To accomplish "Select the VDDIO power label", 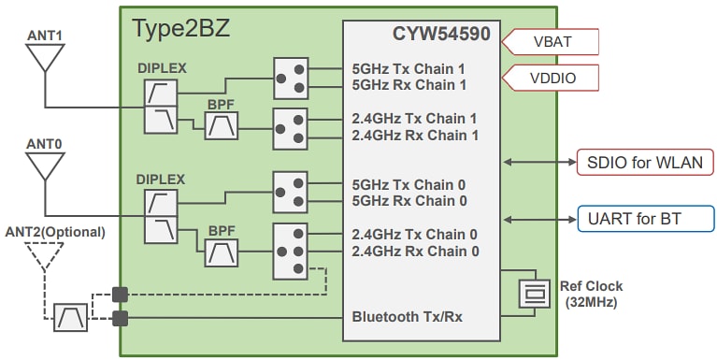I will point(551,77).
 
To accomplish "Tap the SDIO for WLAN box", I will point(645,162).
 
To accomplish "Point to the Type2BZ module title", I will point(180,28).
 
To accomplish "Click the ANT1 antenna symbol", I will point(44,59).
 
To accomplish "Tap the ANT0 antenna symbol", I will point(44,166).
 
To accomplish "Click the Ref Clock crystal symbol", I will point(534,293).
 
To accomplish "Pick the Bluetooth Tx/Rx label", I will point(407,317).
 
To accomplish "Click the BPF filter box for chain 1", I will point(222,125).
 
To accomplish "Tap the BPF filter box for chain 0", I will point(222,252).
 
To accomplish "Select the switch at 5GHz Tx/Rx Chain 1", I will point(290,77).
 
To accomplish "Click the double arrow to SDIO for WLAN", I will point(538,162).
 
